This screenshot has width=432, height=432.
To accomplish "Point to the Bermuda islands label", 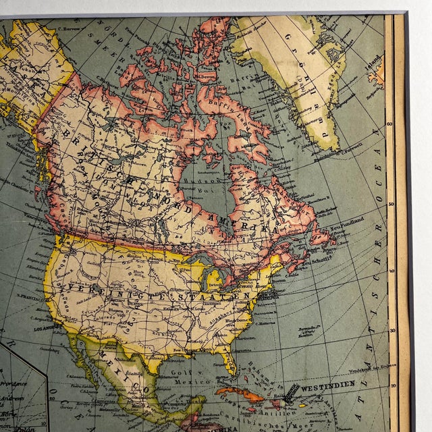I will [310, 332].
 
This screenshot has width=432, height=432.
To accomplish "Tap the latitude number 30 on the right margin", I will [391, 331].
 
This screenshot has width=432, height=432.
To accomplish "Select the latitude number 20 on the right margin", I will [392, 386].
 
